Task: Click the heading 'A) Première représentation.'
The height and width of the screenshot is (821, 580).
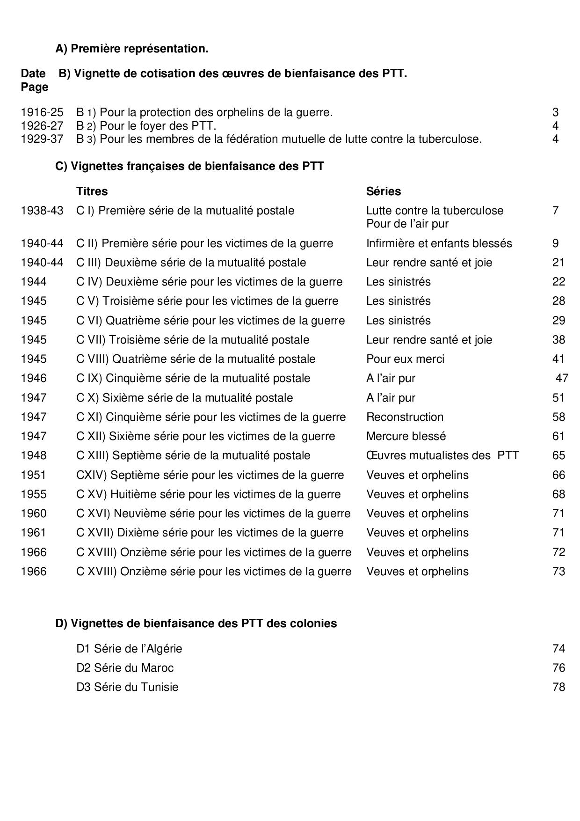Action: pos(132,49)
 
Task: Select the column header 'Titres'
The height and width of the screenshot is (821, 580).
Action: pos(92,191)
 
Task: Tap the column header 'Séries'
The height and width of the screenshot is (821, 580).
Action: pos(384,191)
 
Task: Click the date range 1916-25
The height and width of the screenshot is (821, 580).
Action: pos(42,112)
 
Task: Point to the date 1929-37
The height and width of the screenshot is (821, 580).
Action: pos(42,139)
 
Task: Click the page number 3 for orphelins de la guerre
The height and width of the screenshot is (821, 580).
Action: pos(555,112)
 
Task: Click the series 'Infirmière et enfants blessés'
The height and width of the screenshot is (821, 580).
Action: pos(439,243)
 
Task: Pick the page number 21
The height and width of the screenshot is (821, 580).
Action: pos(558,263)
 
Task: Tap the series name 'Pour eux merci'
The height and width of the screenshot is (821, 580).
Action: pos(405,359)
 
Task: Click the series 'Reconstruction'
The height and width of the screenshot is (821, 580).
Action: pos(405,417)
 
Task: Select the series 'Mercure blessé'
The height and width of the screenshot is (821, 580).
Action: pos(406,436)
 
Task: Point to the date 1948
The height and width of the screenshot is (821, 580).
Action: pos(34,455)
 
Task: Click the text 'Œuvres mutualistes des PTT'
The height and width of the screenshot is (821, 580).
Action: pos(442,455)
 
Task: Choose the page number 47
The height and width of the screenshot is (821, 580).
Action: pos(562,378)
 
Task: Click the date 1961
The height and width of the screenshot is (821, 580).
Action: pos(34,533)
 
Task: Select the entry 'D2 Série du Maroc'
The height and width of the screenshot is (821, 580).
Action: pos(125,668)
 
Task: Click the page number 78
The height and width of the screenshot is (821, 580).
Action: pos(558,687)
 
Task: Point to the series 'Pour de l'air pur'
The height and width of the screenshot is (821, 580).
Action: pos(407,224)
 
